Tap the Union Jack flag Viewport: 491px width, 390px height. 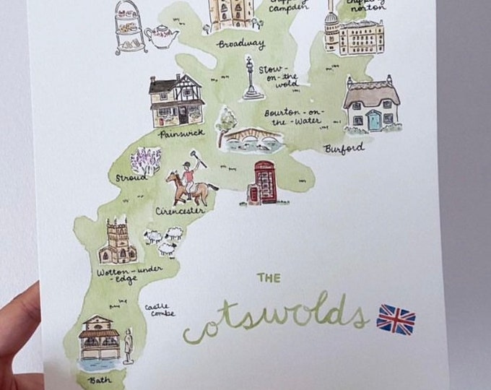click(396, 318)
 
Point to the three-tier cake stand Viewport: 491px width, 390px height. click(129, 27)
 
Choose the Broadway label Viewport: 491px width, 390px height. click(240, 45)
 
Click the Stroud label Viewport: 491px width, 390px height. click(131, 177)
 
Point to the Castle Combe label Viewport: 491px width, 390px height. click(157, 311)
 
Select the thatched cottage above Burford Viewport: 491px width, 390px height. click(371, 105)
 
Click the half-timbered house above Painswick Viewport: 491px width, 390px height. click(175, 100)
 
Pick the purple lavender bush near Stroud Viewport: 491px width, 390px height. click(147, 160)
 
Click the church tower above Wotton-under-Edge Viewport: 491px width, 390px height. click(117, 241)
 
